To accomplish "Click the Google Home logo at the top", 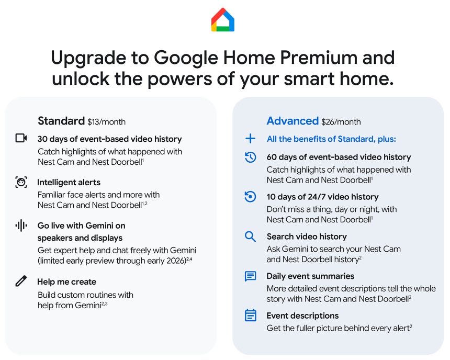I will coord(223,20).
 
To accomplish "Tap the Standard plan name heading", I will coord(61,121).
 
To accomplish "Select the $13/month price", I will coord(106,122).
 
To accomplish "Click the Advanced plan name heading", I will coord(292,121).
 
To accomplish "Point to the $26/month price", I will coord(341,122).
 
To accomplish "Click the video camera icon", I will coord(21,139).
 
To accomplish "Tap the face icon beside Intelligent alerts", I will coord(21,182).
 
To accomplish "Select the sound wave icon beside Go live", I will coord(21,226).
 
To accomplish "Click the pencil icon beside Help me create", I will coord(21,282).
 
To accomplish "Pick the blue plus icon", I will coord(251,139).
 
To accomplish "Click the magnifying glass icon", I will coord(251,237).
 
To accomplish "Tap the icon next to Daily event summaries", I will coord(251,276).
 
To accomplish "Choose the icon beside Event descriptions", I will coord(251,316).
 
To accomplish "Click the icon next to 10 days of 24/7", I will coord(251,197).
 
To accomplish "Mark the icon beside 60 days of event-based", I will coord(251,157).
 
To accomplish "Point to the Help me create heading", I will coord(66,282).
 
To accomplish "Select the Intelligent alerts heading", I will coord(69,183).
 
